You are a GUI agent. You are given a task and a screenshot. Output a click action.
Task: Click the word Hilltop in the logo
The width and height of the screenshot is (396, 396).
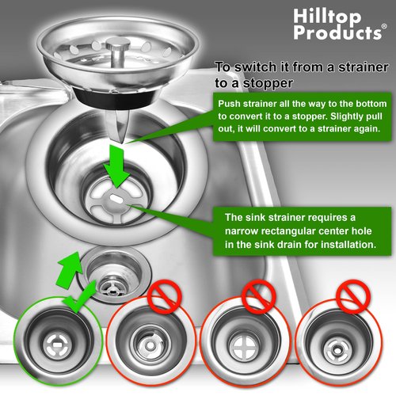click(x=327, y=17)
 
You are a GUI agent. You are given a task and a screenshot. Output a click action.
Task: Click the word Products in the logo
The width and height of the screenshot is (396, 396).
click(x=337, y=32)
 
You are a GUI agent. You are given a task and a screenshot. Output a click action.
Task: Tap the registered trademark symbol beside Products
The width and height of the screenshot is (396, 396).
click(x=384, y=26)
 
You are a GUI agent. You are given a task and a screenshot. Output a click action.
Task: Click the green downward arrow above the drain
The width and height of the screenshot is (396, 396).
click(x=116, y=166)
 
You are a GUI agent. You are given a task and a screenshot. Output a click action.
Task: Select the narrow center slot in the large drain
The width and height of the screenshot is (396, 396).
click(x=117, y=199)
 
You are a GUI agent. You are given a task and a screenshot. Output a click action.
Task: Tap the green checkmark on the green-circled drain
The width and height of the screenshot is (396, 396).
click(x=79, y=299)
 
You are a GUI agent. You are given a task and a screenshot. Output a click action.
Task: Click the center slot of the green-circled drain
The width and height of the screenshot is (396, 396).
click(x=58, y=345)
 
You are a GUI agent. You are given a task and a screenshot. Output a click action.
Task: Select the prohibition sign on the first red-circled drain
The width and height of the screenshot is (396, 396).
click(x=164, y=296)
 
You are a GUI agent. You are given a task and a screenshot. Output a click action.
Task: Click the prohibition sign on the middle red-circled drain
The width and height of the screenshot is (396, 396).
click(x=259, y=297)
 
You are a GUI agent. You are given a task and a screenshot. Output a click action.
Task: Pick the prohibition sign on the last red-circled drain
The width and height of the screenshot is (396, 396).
click(x=354, y=296)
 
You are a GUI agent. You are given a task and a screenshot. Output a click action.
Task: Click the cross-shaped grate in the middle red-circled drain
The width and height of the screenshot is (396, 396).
click(x=243, y=345)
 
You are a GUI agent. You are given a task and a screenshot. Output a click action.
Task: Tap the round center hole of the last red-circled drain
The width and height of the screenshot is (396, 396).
click(x=337, y=351)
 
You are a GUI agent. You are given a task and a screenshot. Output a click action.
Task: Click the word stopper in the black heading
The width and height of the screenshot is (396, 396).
click(x=268, y=83)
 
